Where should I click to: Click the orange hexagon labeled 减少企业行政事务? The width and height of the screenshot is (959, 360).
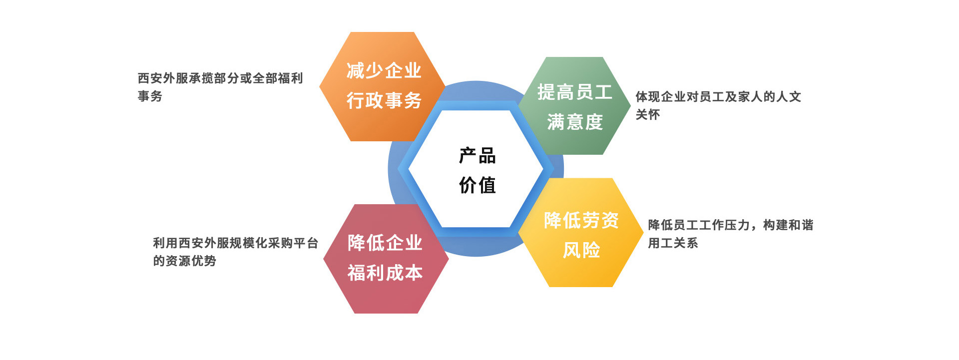point(383,86)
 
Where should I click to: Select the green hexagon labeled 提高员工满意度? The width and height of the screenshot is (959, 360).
point(574,106)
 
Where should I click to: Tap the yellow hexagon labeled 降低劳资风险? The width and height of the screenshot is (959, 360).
point(581,233)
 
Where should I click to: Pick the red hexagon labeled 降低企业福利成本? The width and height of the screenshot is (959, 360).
point(386,259)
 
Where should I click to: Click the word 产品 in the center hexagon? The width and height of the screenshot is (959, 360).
point(477,156)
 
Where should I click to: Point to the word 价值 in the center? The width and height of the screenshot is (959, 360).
point(477,185)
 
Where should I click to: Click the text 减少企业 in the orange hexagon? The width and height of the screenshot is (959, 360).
point(384,70)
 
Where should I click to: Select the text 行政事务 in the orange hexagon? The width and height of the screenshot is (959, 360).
point(384,100)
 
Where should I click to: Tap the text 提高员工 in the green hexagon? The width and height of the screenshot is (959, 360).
point(574,92)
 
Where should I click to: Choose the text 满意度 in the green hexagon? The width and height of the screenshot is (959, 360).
point(575,122)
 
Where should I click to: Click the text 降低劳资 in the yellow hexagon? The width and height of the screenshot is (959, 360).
point(581,220)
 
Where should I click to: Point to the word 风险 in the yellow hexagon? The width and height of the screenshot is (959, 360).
point(581,250)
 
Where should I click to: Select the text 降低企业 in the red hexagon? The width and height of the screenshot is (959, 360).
point(385,243)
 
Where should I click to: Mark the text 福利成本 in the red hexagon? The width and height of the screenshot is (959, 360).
point(385,273)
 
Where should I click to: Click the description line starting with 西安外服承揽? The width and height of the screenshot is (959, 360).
point(220,78)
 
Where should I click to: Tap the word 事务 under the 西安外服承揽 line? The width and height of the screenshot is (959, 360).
point(150,96)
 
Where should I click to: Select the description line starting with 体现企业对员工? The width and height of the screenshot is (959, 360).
point(718,97)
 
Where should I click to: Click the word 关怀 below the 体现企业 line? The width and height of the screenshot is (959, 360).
point(648,114)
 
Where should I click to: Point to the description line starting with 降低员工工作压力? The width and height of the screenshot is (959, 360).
point(731,225)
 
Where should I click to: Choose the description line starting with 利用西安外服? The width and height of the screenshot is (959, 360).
point(236,243)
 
